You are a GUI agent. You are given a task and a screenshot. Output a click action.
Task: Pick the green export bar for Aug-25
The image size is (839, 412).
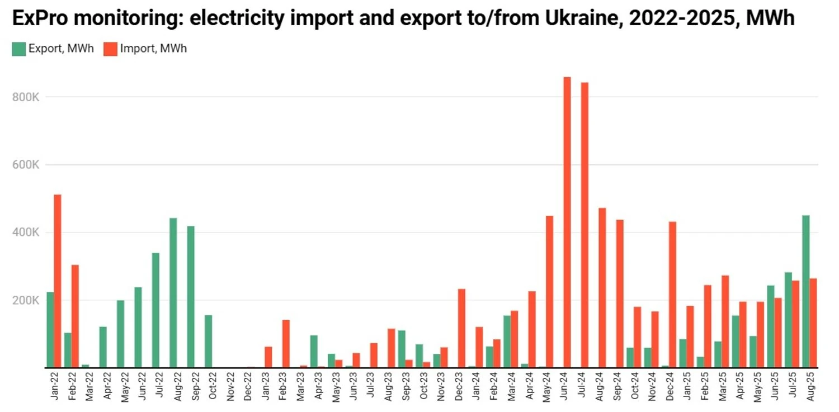[805, 291]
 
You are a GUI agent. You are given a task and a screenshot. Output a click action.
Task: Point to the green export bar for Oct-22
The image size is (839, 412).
[208, 342]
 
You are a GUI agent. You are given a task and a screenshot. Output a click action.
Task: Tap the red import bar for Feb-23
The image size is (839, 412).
[286, 344]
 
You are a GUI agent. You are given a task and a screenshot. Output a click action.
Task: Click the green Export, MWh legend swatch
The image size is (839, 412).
[19, 49]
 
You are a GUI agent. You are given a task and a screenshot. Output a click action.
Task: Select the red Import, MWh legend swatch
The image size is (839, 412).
[110, 49]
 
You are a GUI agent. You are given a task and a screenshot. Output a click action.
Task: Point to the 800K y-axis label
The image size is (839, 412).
[25, 97]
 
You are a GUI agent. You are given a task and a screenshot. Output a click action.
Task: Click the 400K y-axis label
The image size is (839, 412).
[25, 233]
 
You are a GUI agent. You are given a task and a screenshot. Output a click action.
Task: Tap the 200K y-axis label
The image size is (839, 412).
[25, 300]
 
